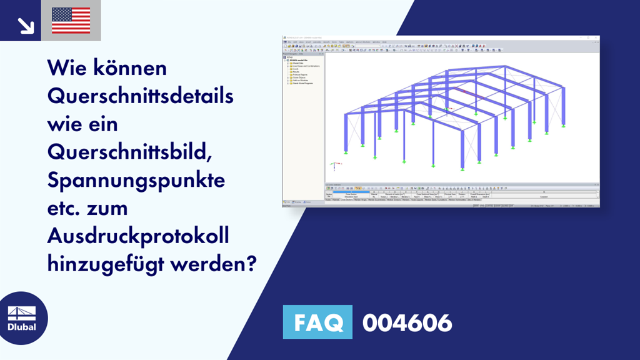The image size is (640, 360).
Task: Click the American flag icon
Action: (x=71, y=20)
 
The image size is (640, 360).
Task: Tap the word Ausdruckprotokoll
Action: (x=139, y=236)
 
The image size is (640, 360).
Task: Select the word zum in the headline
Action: (x=112, y=208)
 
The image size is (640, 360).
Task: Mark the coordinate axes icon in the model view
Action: (x=335, y=166)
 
